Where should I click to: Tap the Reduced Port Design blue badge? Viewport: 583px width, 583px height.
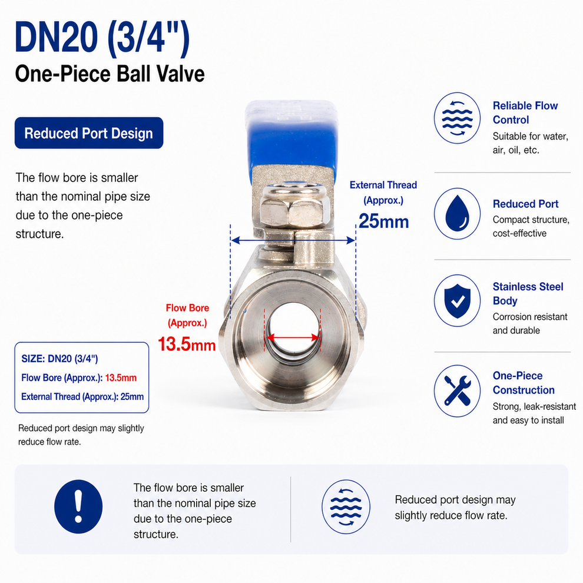click(89, 133)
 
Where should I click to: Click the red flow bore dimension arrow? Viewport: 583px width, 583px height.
click(293, 337)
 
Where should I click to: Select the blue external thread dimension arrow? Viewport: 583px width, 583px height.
click(293, 240)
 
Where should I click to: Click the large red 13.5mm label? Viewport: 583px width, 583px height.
click(187, 344)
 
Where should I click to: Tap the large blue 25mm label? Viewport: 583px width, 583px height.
click(384, 221)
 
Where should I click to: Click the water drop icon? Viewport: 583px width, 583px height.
click(457, 214)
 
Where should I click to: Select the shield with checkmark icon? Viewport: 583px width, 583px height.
click(457, 301)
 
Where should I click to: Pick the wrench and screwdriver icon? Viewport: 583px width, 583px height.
click(457, 391)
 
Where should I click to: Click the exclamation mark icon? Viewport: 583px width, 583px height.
click(78, 506)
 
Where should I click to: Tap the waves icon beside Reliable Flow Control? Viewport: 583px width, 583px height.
click(457, 118)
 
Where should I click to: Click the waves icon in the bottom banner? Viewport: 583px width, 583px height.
click(346, 507)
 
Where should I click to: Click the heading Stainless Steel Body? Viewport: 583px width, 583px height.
click(528, 293)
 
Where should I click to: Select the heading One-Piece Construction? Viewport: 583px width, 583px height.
click(524, 383)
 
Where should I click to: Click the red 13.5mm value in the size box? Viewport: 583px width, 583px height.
click(121, 377)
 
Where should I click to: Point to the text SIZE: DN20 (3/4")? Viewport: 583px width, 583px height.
click(59, 359)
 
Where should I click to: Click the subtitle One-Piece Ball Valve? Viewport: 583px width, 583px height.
click(110, 74)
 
